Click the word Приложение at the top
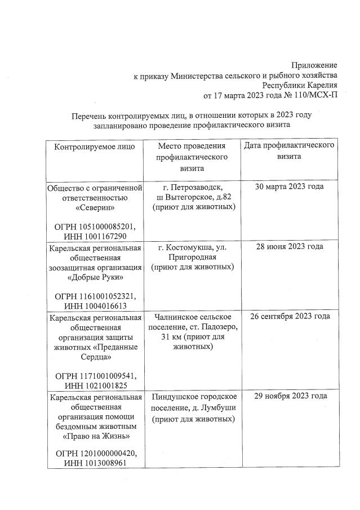pos(314,65)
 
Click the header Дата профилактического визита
pos(289,151)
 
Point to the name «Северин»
pos(95,209)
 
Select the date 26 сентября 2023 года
pos(289,316)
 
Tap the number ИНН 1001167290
pos(95,236)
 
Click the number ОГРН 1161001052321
pos(95,296)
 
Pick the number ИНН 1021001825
pos(95,385)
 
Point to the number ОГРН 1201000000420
pos(95,454)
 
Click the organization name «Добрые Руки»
pos(95,277)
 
